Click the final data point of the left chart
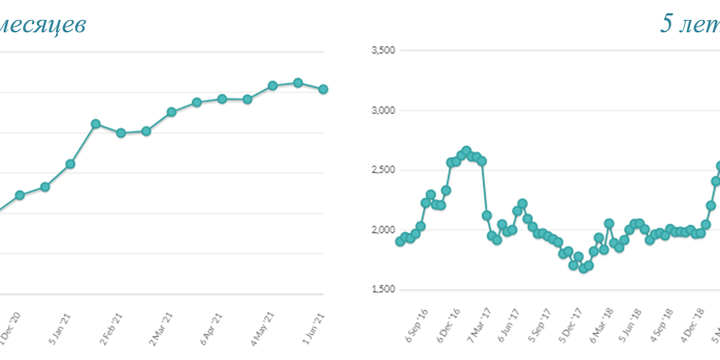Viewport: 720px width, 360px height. point(323,89)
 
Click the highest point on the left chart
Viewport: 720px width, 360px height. point(297,82)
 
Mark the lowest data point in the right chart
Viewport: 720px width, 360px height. point(583,269)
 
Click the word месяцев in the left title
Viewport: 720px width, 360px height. point(43,25)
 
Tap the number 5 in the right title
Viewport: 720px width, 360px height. point(668,24)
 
